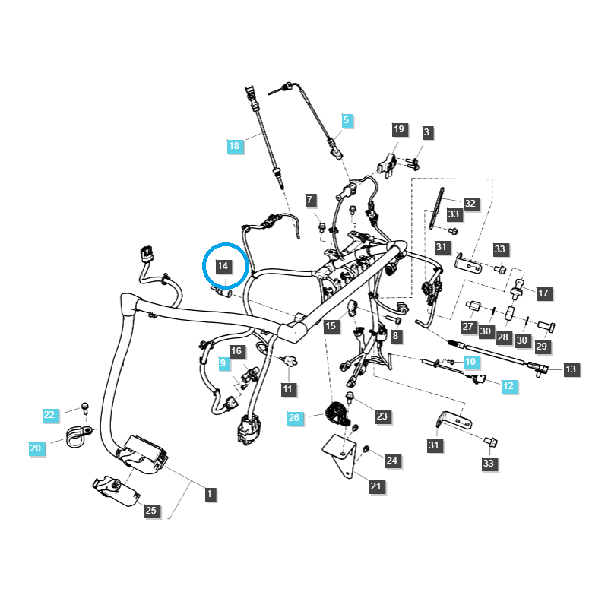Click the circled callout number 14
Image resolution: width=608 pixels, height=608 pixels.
click(223, 266)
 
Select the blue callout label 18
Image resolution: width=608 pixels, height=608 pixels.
click(235, 145)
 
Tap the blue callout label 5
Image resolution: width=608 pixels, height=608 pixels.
click(346, 120)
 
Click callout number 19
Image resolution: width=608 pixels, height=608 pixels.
click(400, 130)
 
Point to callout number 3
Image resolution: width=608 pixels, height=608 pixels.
click(426, 132)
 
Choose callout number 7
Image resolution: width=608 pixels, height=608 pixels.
click(309, 201)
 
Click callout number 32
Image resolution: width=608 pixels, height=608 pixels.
click(470, 203)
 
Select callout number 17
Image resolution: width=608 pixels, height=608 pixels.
click(543, 293)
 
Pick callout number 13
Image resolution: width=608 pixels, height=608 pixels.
click(571, 369)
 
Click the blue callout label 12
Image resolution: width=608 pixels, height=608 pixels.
click(508, 386)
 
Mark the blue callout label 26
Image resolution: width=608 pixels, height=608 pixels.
click(294, 417)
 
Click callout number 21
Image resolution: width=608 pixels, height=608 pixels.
click(376, 486)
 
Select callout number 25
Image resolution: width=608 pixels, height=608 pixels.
click(150, 510)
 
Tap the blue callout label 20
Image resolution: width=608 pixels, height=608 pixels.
click(36, 448)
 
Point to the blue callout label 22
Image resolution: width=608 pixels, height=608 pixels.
click(49, 414)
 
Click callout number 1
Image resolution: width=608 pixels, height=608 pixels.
click(209, 494)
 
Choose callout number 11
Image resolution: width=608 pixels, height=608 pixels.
click(287, 389)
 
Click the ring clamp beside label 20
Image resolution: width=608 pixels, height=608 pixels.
click(78, 436)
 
